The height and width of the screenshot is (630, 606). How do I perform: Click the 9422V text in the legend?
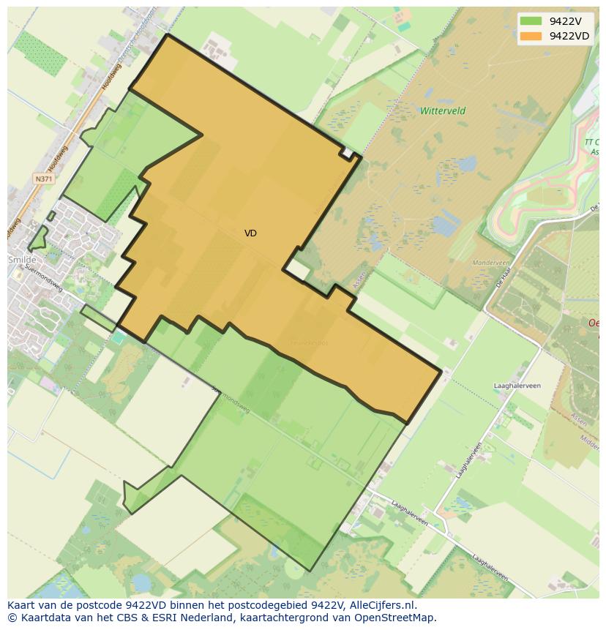[x=566, y=21]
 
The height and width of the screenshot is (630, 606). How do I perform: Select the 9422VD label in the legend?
[x=569, y=36]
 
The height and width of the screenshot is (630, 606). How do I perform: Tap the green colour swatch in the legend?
[x=531, y=21]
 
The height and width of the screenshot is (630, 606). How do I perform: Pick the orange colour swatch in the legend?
[x=531, y=36]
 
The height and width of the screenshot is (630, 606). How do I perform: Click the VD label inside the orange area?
[x=250, y=233]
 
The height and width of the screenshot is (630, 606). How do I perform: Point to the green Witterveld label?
[x=442, y=111]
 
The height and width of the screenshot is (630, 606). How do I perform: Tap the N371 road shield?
[x=43, y=179]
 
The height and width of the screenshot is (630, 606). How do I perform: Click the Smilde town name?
[x=21, y=260]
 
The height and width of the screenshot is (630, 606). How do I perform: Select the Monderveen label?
[x=490, y=262]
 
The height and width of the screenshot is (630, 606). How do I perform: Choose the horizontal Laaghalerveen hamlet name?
[x=517, y=385]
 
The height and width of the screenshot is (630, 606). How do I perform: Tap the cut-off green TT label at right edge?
[x=591, y=142]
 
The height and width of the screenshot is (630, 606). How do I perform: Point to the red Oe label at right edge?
[x=594, y=323]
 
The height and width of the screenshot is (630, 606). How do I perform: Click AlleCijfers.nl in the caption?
[x=383, y=605]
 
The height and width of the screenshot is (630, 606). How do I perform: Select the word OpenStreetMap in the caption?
[x=398, y=618]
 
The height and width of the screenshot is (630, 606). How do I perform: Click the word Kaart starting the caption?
[x=23, y=605]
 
